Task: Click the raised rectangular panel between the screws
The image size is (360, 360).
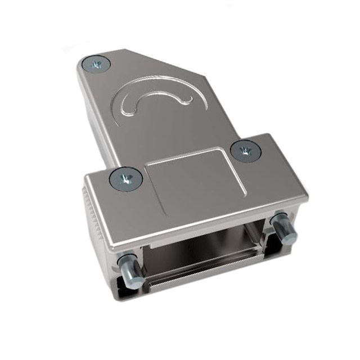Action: click(188, 180)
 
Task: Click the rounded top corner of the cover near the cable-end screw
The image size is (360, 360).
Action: click(84, 56)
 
